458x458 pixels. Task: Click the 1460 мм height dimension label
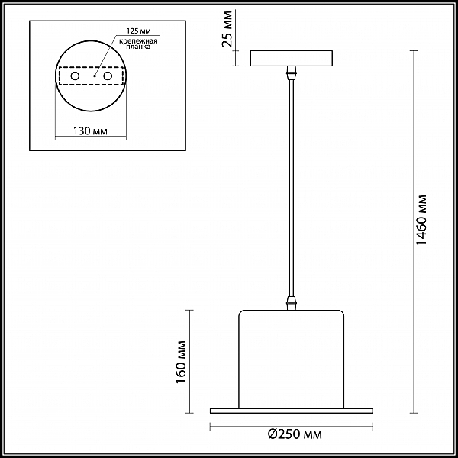[421, 220]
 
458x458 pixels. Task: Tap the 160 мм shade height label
[182, 362]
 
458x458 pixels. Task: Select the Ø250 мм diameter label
[295, 434]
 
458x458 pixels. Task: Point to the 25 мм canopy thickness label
[227, 29]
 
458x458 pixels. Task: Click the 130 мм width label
[90, 131]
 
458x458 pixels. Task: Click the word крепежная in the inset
[138, 41]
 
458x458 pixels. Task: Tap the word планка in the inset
[138, 47]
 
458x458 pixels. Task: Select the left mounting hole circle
[75, 76]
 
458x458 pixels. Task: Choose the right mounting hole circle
[108, 76]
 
